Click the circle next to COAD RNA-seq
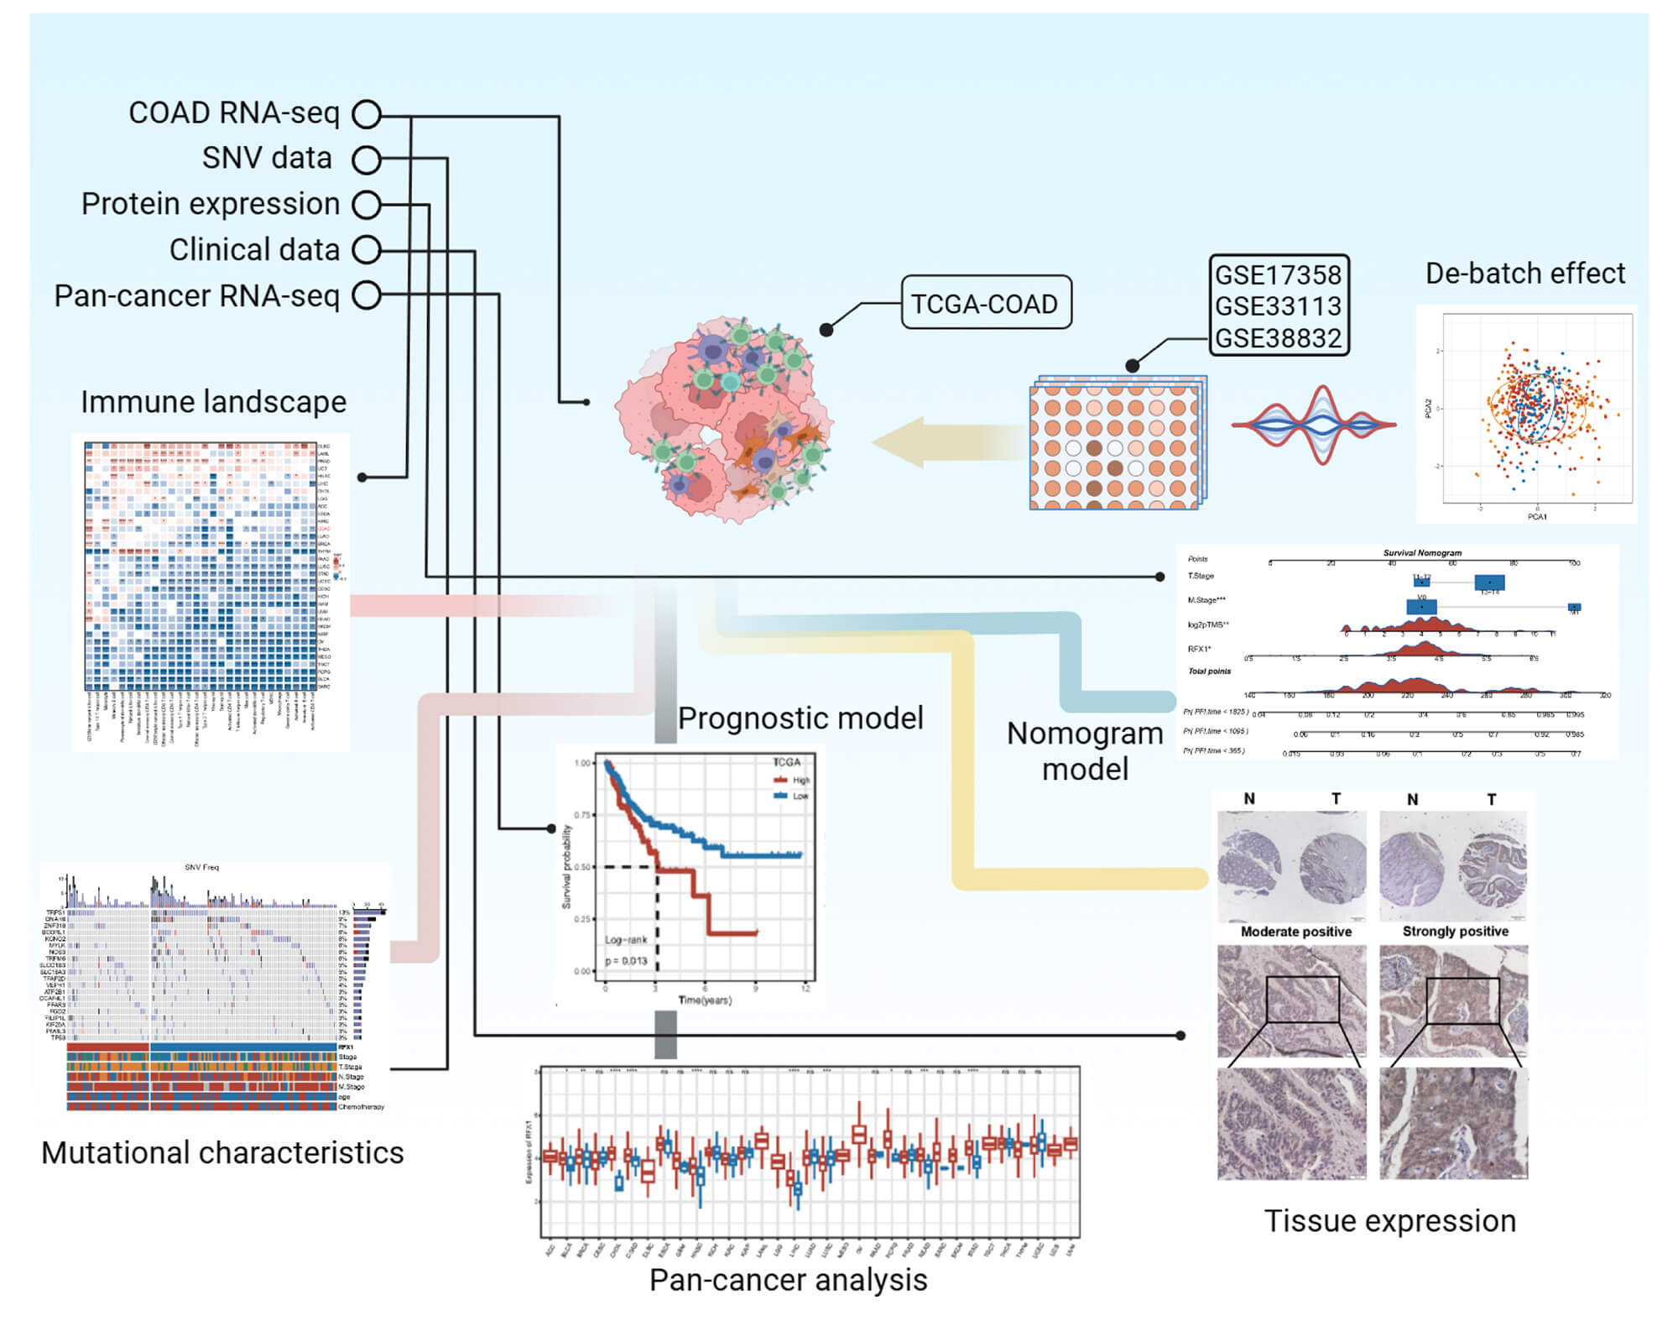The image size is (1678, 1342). point(367,114)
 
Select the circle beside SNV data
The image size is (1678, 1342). point(367,159)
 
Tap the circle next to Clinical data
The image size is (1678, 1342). point(367,249)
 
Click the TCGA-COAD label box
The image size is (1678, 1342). point(985,303)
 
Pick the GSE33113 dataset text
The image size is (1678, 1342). point(1278,306)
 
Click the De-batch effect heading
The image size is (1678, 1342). point(1524,274)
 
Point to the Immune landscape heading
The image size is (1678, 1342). point(213,402)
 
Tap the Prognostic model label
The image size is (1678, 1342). point(800,718)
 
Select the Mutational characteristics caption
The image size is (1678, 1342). point(222,1152)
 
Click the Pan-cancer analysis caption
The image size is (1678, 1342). point(788,1280)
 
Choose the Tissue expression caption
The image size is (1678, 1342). point(1389,1221)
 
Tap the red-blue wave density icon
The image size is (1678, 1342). point(1314,426)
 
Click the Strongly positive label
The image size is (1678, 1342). point(1455,932)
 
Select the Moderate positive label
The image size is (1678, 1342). point(1295,932)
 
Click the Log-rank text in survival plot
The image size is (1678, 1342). point(625,940)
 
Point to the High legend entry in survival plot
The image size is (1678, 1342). point(800,780)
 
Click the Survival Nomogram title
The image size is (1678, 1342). point(1421,553)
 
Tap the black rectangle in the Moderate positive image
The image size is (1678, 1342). point(1302,999)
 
